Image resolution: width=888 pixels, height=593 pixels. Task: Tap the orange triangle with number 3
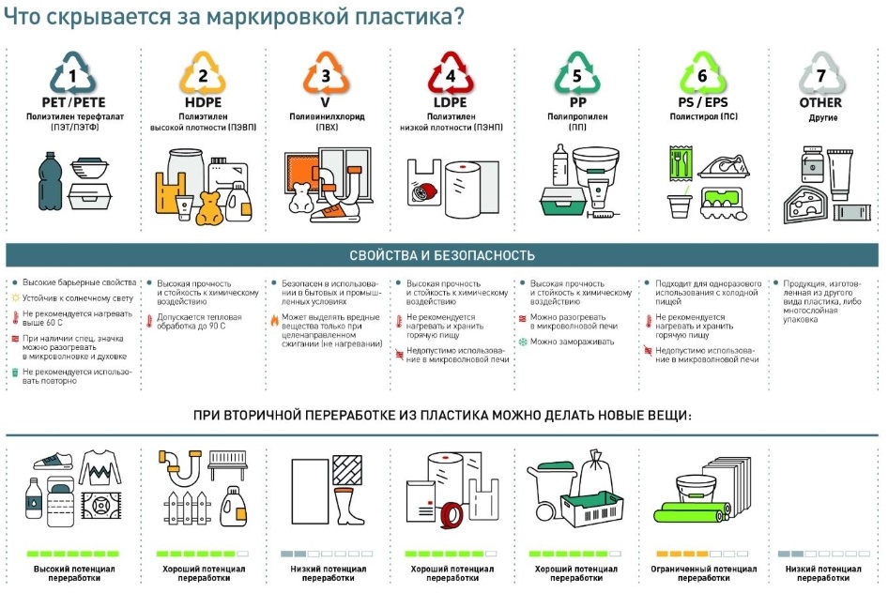tap(326, 73)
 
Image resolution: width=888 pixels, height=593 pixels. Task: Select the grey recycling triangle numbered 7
tap(820, 73)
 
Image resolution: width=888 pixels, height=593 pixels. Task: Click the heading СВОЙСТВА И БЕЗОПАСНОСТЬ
tap(442, 255)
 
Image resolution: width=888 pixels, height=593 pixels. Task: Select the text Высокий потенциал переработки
tap(74, 573)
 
